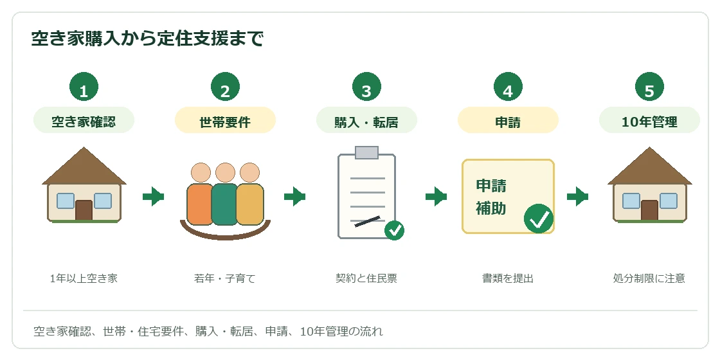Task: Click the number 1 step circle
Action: pos(84,86)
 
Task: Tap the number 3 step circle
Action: pos(366,86)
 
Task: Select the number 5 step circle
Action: pos(649,86)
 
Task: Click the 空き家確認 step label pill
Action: pos(84,120)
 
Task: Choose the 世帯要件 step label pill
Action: pos(225,120)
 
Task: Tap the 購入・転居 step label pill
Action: pos(366,120)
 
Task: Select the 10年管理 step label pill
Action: pos(649,120)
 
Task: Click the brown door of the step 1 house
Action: pos(84,210)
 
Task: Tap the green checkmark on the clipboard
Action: pos(394,230)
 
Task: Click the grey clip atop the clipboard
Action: pos(366,152)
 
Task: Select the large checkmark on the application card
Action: pos(538,219)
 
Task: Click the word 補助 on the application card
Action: pos(491,208)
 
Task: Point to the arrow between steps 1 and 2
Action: pos(154,197)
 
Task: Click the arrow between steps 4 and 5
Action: pos(578,197)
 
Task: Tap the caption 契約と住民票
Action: pos(366,278)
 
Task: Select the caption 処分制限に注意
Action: pos(649,278)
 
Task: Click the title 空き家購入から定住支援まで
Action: pos(147,39)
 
